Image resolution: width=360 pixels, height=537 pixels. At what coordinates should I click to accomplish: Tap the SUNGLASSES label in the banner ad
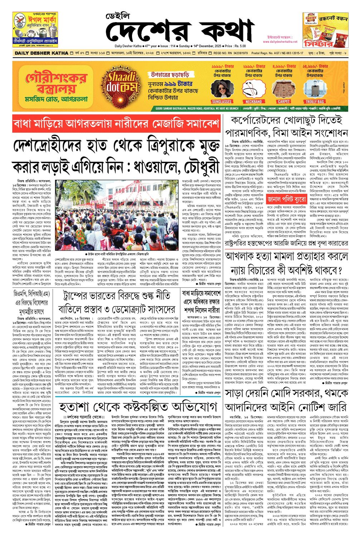(x=222, y=102)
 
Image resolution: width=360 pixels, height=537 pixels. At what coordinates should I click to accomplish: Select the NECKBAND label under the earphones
(x=253, y=102)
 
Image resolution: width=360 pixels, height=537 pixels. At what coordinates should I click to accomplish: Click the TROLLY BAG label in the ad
(x=315, y=102)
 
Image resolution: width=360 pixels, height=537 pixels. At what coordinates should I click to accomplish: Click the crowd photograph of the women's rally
(x=117, y=210)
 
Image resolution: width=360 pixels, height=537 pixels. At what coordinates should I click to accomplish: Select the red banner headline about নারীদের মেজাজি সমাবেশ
(x=117, y=124)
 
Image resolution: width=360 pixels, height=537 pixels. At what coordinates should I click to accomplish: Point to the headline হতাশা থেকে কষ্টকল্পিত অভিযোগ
(x=138, y=407)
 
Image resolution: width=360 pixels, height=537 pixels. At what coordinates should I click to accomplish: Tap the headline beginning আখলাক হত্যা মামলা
(x=286, y=257)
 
